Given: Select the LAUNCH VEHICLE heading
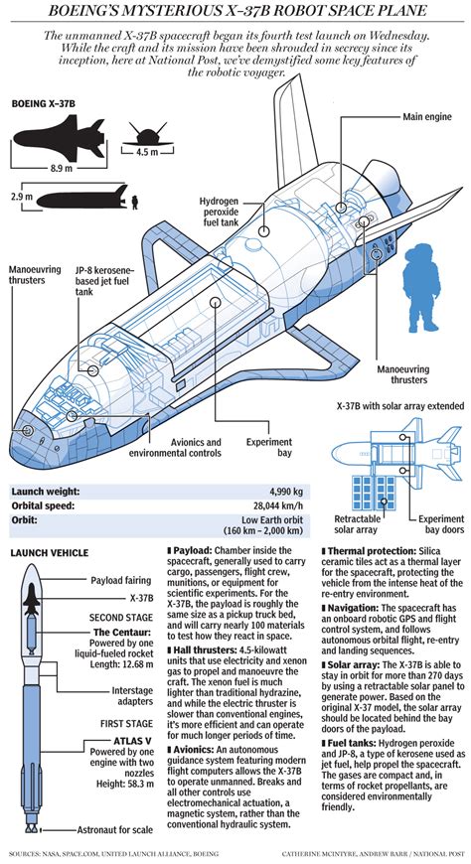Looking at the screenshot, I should click(x=49, y=552).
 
